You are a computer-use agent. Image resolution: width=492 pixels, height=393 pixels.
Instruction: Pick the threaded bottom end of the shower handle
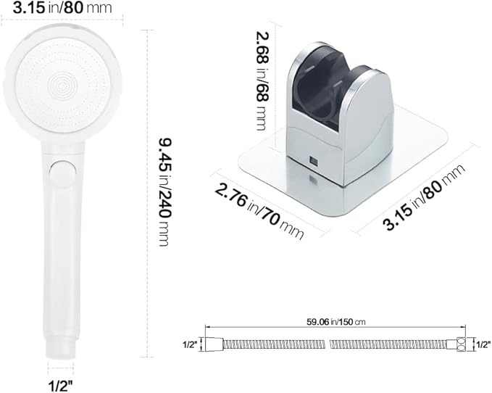click(62, 341)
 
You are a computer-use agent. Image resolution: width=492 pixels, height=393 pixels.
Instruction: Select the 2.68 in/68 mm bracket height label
click(262, 80)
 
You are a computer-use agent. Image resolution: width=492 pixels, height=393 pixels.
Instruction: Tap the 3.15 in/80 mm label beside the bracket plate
click(424, 198)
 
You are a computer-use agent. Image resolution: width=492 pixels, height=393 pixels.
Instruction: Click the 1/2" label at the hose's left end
click(189, 345)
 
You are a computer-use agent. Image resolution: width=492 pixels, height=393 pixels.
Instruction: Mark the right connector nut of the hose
click(461, 345)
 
